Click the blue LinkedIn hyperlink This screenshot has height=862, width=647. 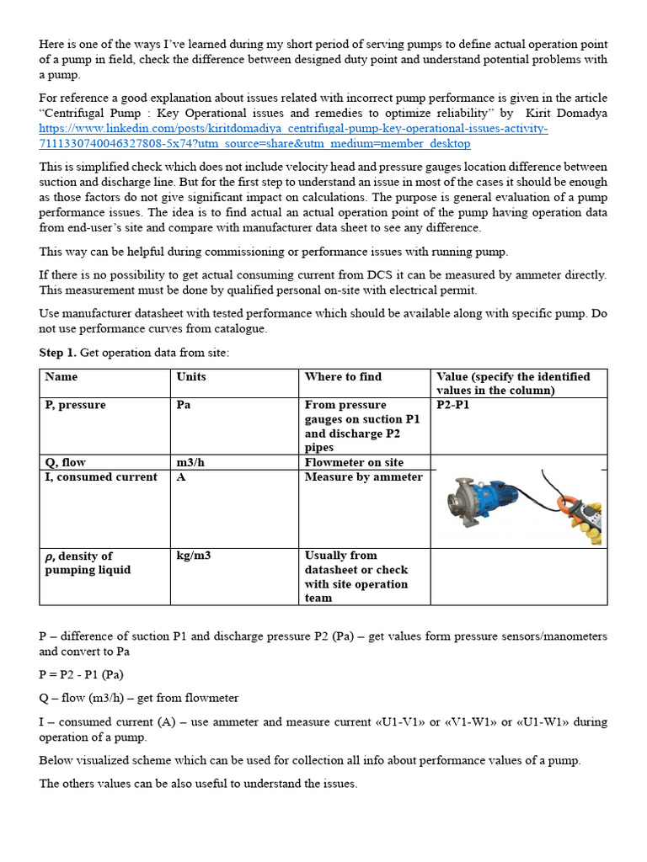[293, 136]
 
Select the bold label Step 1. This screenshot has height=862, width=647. [57, 352]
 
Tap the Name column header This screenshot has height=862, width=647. [61, 376]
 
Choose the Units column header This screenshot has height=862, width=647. [191, 376]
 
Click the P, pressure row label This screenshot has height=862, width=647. [76, 405]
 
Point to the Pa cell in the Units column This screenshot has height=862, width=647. [184, 405]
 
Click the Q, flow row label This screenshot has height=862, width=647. [66, 462]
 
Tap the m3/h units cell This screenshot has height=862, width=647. [193, 462]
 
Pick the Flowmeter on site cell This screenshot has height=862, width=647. [354, 462]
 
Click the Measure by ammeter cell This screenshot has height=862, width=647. [363, 476]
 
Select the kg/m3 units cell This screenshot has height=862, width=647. [195, 556]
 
